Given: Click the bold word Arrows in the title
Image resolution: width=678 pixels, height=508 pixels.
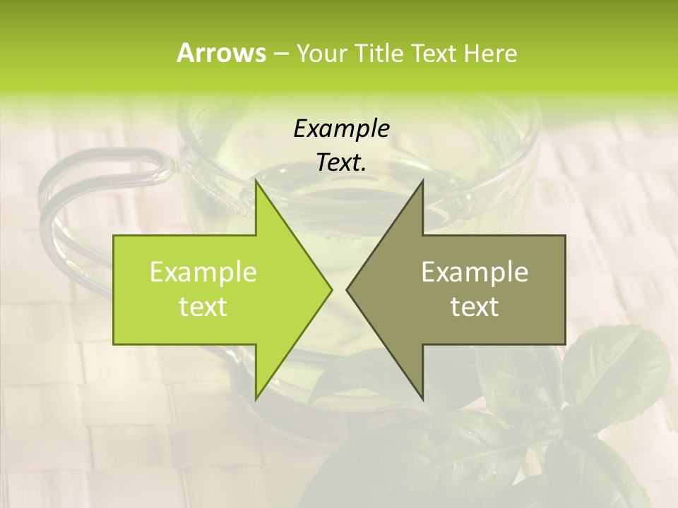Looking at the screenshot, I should [221, 53].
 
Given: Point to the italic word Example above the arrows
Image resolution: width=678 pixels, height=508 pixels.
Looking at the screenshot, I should [341, 129].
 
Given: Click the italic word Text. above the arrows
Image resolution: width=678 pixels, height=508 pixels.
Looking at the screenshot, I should [341, 163].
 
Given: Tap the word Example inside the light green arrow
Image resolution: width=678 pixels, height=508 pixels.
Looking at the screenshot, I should [203, 272].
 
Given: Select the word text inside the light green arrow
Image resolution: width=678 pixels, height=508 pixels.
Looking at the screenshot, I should [203, 306].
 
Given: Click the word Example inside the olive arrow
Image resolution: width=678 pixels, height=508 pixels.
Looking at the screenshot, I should [475, 272].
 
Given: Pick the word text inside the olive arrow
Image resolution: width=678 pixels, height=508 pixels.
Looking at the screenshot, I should [475, 306].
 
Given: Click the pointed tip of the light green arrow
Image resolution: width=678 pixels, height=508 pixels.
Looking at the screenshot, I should [331, 289].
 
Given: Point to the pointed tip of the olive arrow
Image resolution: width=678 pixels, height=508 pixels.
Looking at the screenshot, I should [347, 289].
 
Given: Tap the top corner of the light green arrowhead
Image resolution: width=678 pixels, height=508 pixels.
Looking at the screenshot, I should [256, 181].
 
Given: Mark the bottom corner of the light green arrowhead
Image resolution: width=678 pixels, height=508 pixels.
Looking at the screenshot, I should [256, 399].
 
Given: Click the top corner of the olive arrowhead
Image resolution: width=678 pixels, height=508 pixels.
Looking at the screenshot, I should [422, 181].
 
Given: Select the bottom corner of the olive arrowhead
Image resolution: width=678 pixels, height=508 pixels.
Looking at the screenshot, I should [422, 399].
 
